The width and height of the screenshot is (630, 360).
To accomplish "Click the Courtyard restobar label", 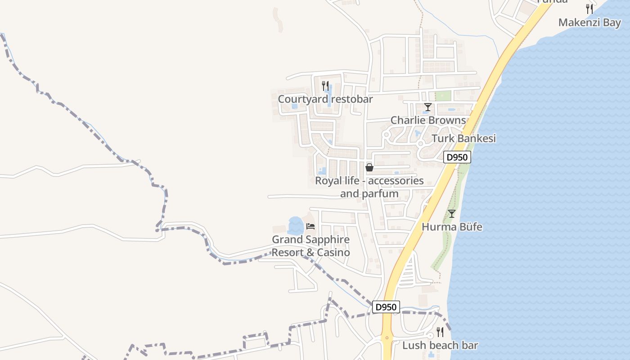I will click(x=325, y=99).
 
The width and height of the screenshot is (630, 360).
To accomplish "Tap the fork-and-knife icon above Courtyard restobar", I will click(x=325, y=85).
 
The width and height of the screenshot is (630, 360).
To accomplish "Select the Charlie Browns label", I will click(x=428, y=120).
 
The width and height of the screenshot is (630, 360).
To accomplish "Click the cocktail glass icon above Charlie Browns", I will click(x=428, y=107).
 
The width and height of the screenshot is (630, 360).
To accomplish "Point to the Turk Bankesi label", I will click(x=463, y=138).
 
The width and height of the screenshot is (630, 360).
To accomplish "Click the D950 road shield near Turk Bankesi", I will click(x=457, y=157).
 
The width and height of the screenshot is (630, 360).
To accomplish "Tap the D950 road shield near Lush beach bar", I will click(x=386, y=307).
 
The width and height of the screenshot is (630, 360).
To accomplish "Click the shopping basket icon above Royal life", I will click(x=369, y=167).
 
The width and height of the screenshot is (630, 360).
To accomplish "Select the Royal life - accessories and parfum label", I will click(x=369, y=187).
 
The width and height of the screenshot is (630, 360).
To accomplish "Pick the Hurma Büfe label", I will click(x=452, y=227).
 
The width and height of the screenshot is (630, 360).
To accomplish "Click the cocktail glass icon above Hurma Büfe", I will click(x=452, y=214).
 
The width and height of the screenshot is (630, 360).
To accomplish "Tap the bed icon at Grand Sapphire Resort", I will click(x=310, y=226).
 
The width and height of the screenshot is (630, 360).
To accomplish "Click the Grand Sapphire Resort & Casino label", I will click(x=310, y=246).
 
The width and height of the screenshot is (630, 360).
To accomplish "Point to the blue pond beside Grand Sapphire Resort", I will click(x=295, y=225).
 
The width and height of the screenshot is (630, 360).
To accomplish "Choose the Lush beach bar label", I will click(x=440, y=346).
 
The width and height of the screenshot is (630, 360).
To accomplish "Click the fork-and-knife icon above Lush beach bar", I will click(x=440, y=332).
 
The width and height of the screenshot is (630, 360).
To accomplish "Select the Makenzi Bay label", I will click(x=589, y=22).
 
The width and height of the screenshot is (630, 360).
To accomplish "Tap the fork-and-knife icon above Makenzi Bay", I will click(x=589, y=9).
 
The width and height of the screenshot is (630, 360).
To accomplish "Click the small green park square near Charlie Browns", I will click(x=443, y=96).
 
